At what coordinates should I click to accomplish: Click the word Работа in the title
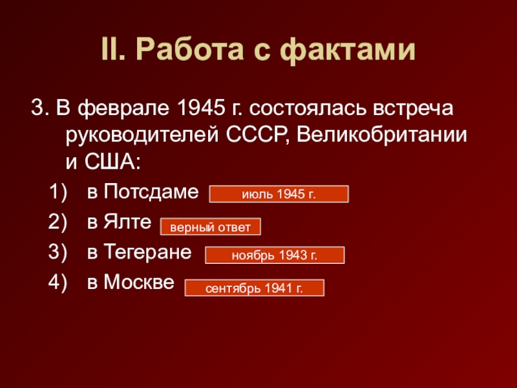point(189,50)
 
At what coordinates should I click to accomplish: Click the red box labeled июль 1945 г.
point(279,194)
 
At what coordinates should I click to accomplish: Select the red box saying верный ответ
point(211,227)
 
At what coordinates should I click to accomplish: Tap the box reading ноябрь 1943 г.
point(275,255)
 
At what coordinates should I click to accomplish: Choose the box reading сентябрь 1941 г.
point(254,288)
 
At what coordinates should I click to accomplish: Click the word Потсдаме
point(151,191)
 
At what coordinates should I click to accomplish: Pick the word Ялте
point(127,221)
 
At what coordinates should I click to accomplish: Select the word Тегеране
point(147,252)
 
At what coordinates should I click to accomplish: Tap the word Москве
point(139,282)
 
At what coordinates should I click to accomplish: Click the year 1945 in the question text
point(201,107)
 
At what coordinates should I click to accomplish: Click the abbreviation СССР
point(259,135)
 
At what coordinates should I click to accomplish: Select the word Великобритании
point(382,135)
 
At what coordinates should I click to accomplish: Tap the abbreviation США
point(112,162)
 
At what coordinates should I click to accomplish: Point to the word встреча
point(413,108)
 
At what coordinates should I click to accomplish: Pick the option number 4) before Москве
point(58,283)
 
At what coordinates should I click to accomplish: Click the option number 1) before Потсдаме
point(58,192)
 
